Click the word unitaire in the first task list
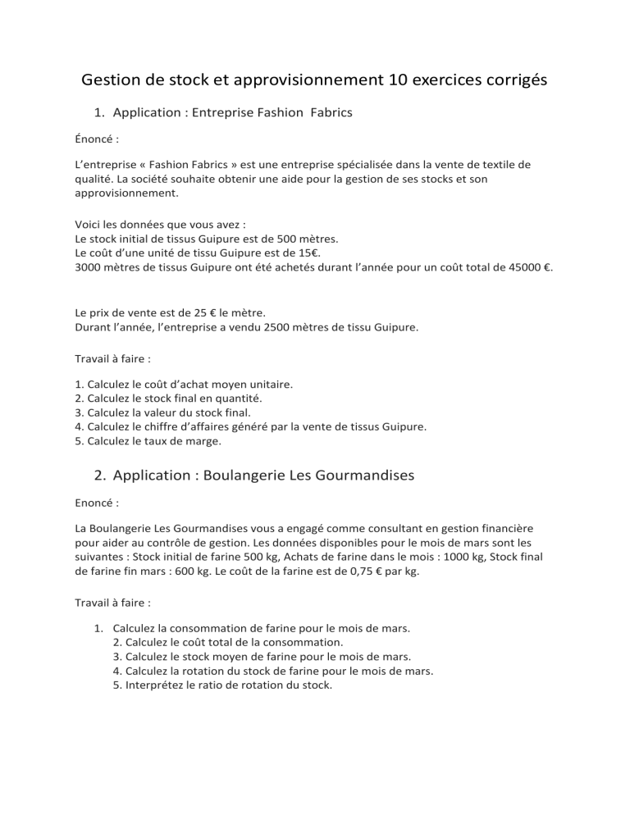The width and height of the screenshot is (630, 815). tap(268, 384)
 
